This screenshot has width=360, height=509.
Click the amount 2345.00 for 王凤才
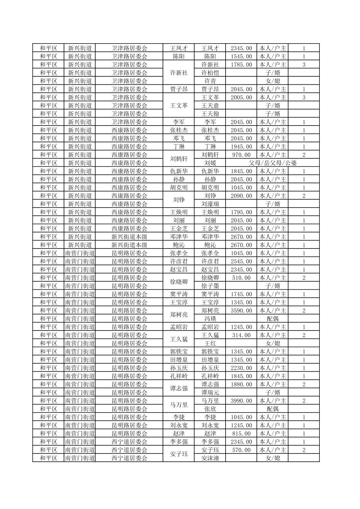[241, 48]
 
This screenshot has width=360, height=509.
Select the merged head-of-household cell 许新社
[179, 73]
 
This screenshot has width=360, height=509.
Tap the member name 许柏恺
[210, 73]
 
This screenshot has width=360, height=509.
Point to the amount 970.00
[241, 155]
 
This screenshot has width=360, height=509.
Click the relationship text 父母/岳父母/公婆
[273, 163]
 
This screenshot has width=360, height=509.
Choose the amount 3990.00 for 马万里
[241, 401]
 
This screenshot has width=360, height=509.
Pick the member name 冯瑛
[210, 319]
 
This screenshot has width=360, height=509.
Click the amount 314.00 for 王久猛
[241, 335]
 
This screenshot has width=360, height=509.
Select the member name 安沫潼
[210, 458]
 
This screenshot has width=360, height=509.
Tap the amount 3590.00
[241, 311]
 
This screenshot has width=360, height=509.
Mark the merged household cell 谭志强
[179, 388]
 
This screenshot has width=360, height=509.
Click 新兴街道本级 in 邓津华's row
[129, 237]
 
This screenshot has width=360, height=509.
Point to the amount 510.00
[241, 278]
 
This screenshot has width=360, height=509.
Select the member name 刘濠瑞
[210, 204]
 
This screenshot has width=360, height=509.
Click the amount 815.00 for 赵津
[241, 434]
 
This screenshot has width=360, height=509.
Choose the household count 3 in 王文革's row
[304, 97]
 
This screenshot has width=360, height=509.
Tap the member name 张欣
[210, 409]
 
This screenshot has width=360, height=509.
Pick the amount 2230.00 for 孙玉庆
[241, 368]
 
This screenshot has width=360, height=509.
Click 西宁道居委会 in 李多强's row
[129, 442]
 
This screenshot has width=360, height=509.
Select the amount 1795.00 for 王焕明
[241, 212]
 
